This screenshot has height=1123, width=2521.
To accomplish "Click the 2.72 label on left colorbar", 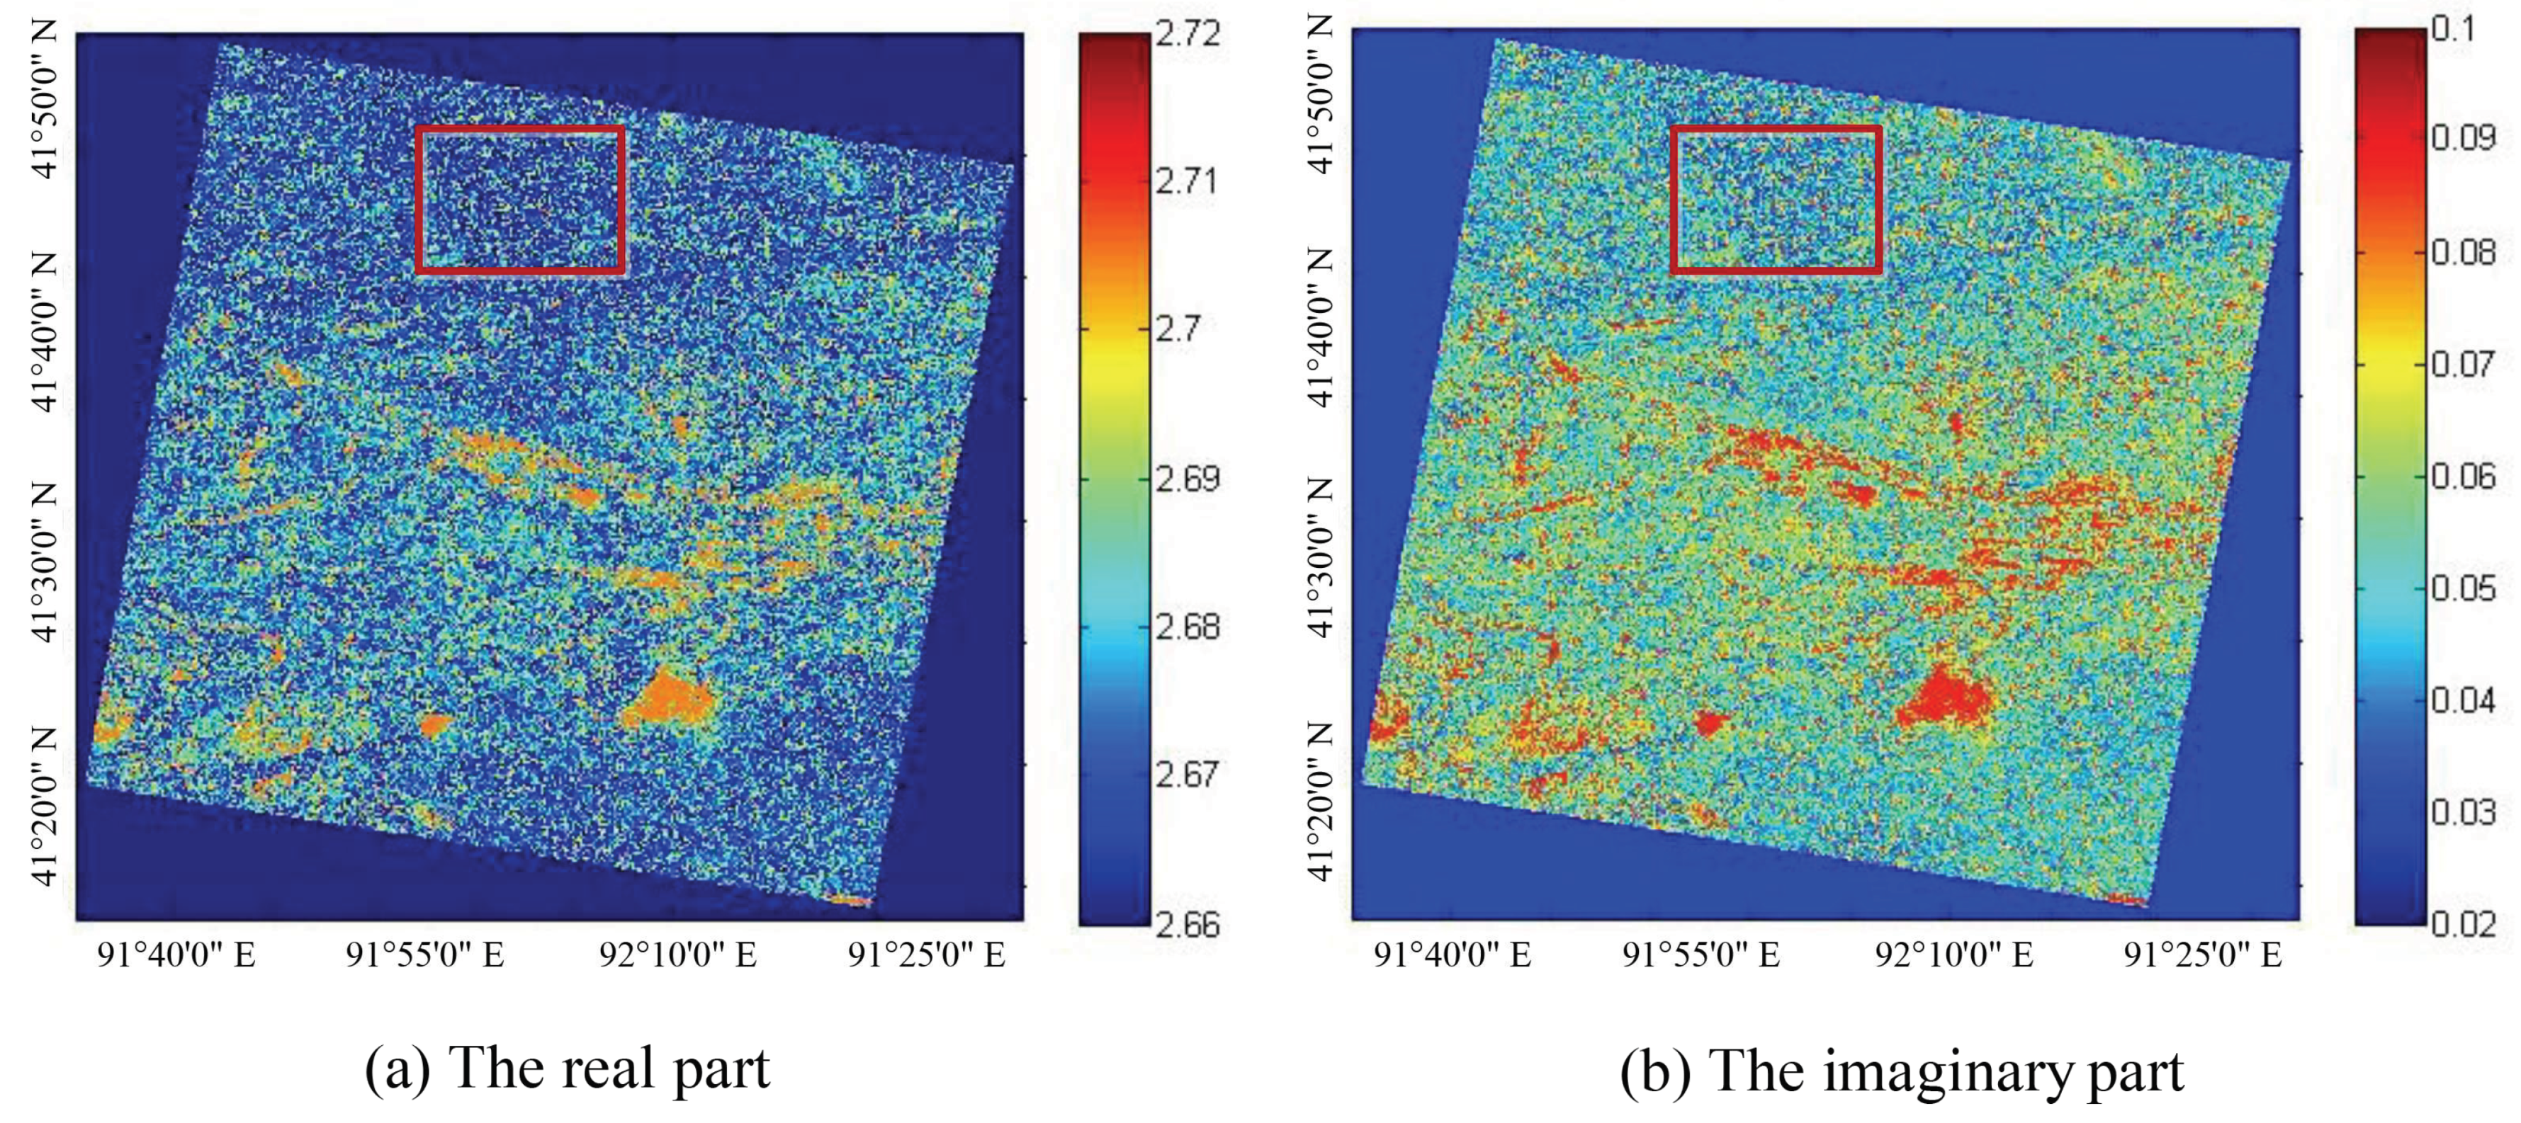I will coord(1187,34).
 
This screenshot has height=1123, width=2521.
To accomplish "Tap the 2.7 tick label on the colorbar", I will coord(1178,329).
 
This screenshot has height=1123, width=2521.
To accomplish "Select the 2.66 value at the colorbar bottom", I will coord(1187,923).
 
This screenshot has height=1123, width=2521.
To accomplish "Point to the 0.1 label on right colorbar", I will coord(2454,29).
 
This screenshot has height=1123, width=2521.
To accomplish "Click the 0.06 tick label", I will coord(2464,477).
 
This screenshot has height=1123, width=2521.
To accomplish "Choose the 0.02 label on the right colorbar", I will coord(2464,923).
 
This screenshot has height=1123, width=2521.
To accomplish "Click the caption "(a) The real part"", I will coord(568,1068).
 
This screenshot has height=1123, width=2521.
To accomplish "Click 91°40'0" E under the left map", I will coord(176,954).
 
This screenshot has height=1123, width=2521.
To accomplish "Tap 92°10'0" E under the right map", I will coord(1953,954).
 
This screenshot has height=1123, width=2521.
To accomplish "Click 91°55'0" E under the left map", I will coord(424,954).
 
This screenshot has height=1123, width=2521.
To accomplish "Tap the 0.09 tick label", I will coord(2464,137).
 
